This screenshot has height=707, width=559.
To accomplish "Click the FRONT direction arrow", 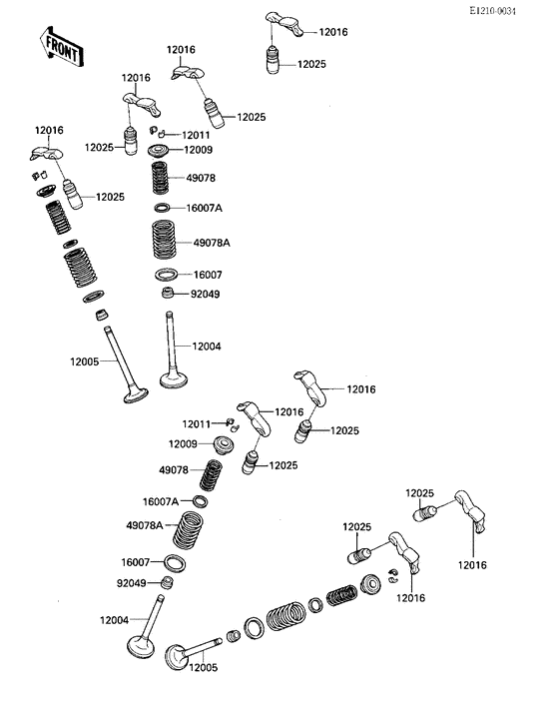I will coord(59,47).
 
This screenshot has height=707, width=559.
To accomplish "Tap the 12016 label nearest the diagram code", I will coord(332,32).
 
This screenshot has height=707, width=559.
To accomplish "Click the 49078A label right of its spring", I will coord(212,243).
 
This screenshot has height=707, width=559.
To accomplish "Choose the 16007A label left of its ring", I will coord(160,501).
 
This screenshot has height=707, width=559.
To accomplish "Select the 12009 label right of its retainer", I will coord(200,151).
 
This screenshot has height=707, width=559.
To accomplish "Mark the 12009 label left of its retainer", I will coord(183,443).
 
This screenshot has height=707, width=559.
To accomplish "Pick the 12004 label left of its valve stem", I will coord(114,620).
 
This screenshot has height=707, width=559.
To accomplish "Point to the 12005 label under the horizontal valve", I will coord(205,668).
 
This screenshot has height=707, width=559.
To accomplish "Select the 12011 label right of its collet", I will coord(196,135).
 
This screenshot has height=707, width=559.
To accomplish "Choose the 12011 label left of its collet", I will coord(196,424).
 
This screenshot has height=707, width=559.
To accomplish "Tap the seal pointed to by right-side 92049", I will coord(169,294).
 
